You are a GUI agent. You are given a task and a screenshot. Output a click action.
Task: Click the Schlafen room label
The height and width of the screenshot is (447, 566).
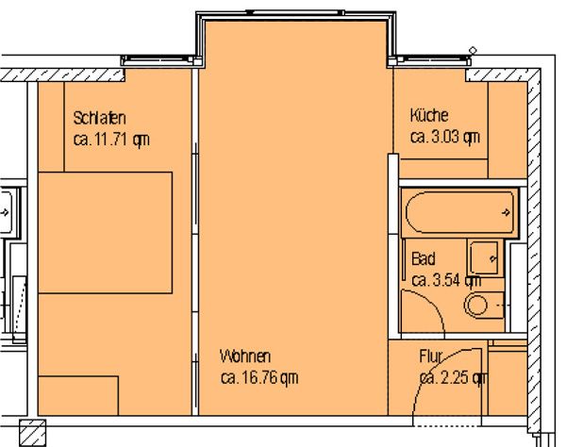[100, 118]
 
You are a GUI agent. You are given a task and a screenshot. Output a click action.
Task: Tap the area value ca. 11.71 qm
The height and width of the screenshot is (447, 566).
[111, 140]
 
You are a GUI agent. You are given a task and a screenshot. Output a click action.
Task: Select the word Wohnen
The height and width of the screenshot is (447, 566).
[245, 356]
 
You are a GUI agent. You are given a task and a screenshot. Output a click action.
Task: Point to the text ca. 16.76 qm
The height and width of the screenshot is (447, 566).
[259, 378]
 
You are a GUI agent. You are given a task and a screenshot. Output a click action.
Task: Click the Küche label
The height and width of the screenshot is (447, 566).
[429, 115]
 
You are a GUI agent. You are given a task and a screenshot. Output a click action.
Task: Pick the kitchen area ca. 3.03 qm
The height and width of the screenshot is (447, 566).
[445, 137]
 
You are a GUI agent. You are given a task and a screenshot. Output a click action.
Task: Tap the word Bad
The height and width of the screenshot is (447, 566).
[424, 259]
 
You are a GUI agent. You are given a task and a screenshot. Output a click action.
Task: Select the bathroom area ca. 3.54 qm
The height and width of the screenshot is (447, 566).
[446, 280]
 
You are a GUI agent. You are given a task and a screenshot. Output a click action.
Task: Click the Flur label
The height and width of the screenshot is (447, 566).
[431, 356]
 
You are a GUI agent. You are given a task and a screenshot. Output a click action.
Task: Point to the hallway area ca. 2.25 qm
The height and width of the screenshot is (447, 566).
[454, 378]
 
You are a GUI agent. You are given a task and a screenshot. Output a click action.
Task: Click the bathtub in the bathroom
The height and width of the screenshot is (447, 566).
[460, 213]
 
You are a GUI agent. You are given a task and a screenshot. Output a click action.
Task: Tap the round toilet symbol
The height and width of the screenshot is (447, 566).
[475, 306]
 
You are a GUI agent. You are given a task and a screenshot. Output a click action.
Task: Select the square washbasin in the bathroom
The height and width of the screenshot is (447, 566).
[485, 258]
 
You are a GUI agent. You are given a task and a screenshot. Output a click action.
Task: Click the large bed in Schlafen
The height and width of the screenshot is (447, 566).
[105, 233]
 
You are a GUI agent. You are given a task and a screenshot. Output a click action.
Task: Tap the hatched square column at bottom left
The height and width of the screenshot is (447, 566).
[32, 433]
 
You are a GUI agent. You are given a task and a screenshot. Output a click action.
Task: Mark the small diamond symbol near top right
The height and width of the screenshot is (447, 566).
[473, 50]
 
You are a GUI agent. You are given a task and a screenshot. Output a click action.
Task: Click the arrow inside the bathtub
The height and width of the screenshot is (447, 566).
[506, 212]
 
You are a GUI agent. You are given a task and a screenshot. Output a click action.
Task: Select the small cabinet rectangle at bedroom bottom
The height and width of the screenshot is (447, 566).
[78, 396]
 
